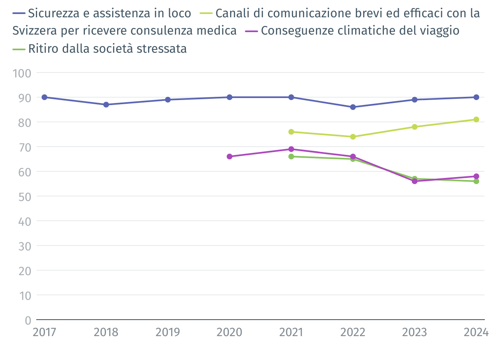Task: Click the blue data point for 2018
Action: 106,105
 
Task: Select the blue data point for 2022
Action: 353,107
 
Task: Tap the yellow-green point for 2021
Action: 291,132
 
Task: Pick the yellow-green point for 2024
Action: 476,119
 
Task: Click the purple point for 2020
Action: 230,157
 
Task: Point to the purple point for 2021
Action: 291,149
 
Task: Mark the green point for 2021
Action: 291,157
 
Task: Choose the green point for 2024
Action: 476,181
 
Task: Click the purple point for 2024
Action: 476,176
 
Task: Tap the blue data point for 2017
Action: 45,97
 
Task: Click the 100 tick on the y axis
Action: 22,73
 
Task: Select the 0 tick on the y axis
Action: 28,320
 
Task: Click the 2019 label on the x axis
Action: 168,332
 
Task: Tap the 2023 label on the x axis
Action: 414,332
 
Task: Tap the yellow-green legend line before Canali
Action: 207,13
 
